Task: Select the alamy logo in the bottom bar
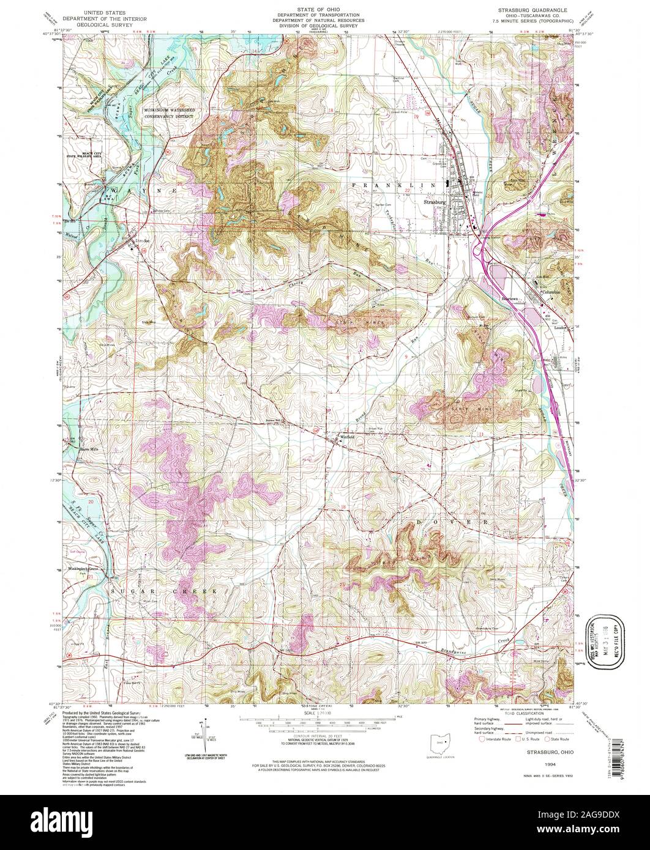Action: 324,822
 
